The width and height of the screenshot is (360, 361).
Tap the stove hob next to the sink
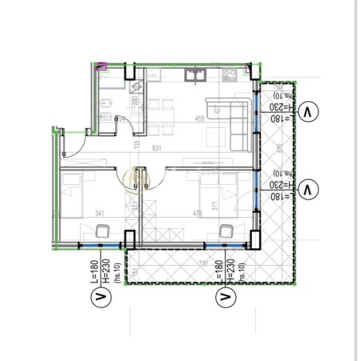coord(227,75)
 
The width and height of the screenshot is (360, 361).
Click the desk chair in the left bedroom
coord(102,232)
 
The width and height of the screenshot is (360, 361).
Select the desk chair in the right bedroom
coord(225,231)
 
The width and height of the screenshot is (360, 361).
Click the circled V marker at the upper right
coord(310,112)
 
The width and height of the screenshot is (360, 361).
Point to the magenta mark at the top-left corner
coord(101,67)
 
